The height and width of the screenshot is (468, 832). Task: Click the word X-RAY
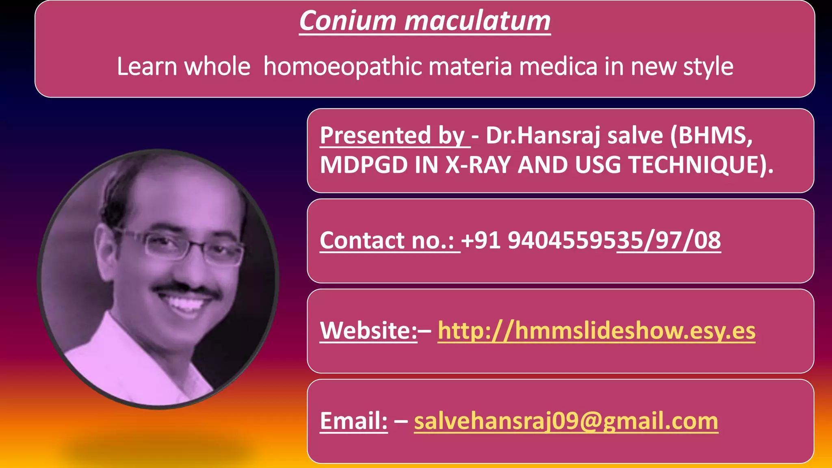tap(478, 165)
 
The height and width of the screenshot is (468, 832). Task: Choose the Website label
tap(368, 330)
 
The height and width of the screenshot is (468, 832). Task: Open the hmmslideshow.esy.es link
tap(596, 330)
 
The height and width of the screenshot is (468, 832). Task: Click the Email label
tap(353, 420)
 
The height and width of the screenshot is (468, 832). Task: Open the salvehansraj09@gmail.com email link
tap(566, 420)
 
